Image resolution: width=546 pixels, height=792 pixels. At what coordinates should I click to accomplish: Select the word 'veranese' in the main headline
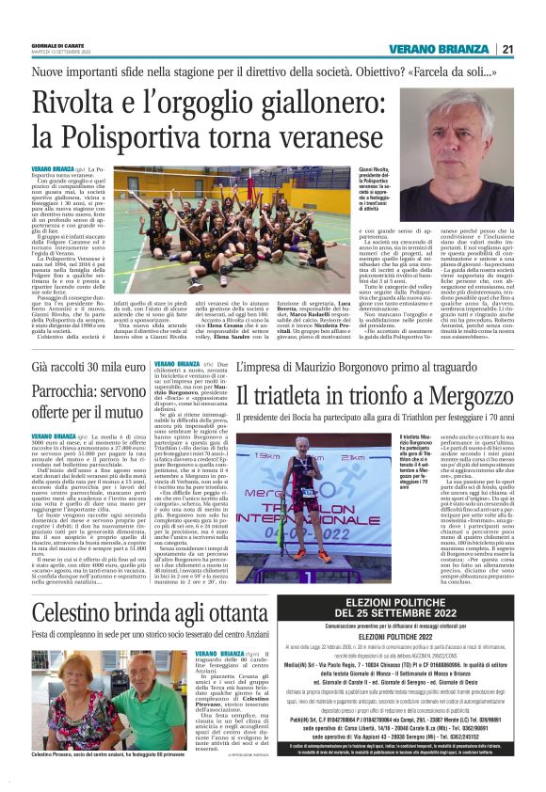[x=331, y=135]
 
